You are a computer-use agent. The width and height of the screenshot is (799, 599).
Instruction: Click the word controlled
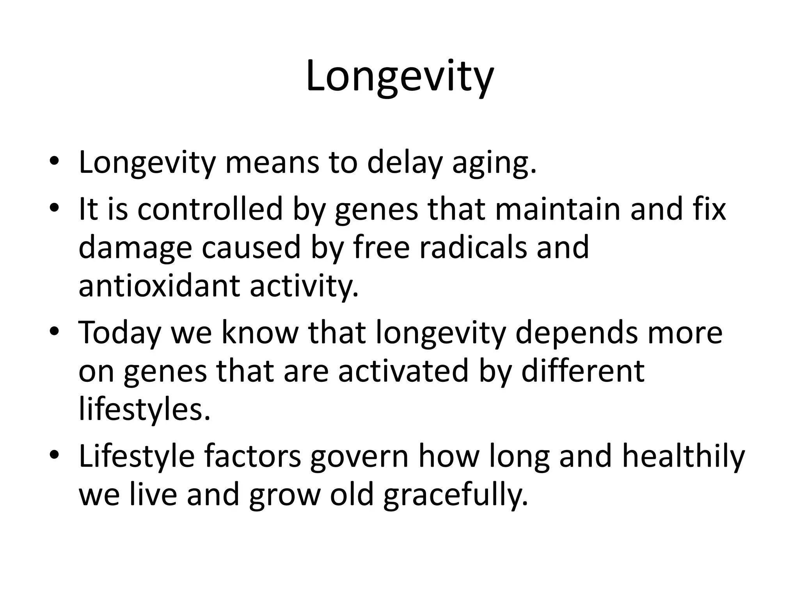click(x=210, y=209)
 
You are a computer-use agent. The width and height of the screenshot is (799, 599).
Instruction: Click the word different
click(x=583, y=370)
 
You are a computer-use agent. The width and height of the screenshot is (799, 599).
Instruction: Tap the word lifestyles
click(x=144, y=409)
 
